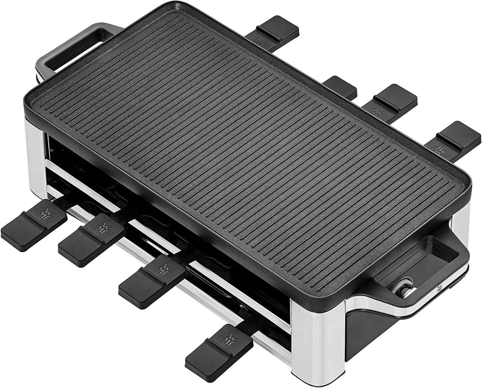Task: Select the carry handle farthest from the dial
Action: click(72, 47)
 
